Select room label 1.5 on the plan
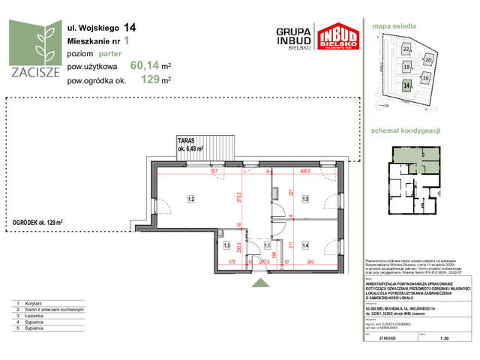coord(306,199)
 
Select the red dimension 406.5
coord(306,171)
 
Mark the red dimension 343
coord(310,261)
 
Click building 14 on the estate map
coord(406,86)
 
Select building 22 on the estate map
coord(406,49)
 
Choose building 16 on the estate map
coord(425,77)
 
